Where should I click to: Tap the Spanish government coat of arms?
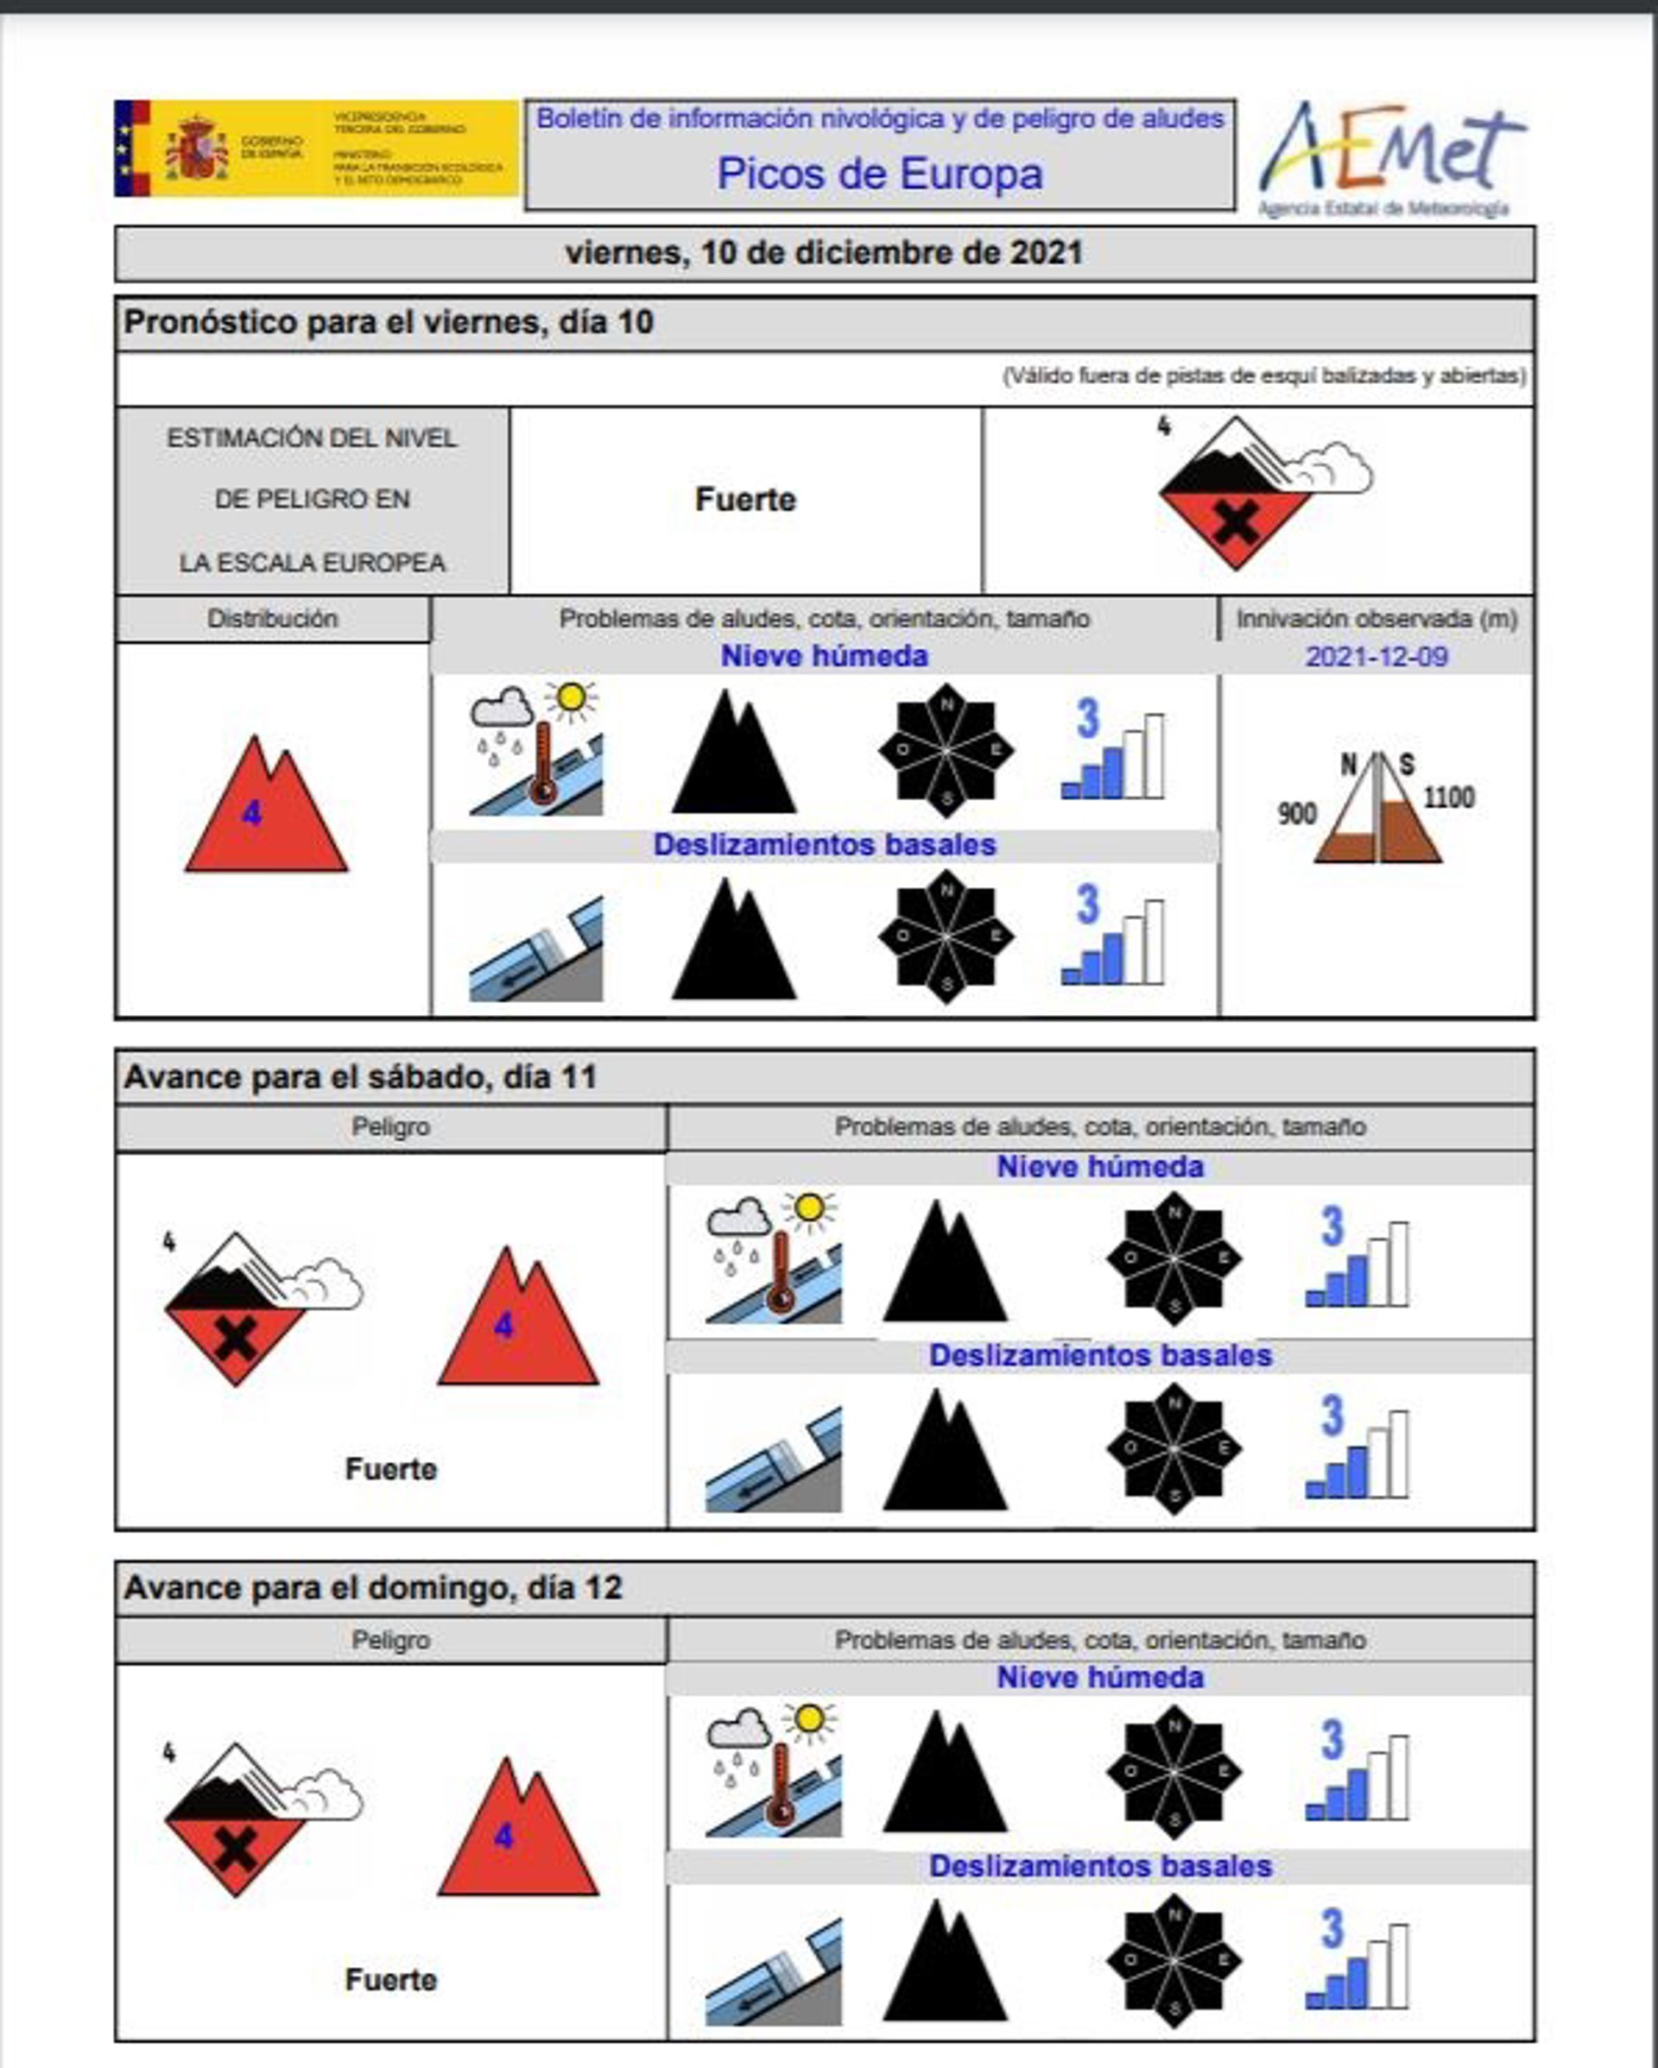point(197,149)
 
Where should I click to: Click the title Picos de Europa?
point(879,173)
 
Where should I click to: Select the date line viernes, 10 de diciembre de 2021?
point(823,253)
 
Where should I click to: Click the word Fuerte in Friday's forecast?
point(744,500)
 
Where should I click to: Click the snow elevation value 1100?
point(1448,798)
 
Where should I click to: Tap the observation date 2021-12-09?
point(1376,657)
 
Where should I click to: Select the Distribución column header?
point(273,619)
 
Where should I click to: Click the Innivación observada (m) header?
point(1376,619)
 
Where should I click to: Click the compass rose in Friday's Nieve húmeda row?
point(946,751)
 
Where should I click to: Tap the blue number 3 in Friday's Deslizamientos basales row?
point(1087,904)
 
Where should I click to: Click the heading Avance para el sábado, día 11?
point(361,1077)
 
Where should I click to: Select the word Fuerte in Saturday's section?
point(390,1468)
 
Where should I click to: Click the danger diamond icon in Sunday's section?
point(236,1819)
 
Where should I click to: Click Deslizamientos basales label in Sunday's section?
point(1099,1866)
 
